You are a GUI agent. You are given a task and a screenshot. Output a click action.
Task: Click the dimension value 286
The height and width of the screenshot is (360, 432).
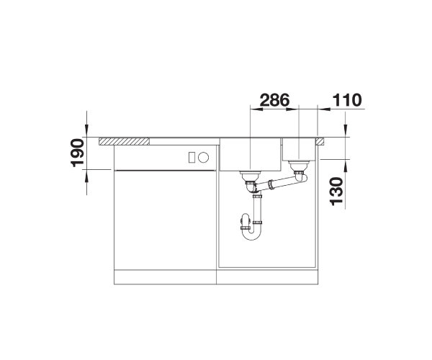click(275, 100)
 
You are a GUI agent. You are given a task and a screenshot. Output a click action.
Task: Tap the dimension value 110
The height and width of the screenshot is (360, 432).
click(347, 100)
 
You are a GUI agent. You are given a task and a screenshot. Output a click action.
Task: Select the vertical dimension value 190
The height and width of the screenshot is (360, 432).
click(78, 153)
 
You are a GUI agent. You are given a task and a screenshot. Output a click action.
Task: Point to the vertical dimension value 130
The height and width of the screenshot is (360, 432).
click(336, 192)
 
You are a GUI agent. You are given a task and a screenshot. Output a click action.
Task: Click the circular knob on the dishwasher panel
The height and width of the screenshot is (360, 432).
click(204, 158)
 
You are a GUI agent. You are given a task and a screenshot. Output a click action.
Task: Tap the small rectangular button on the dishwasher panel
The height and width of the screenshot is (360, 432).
click(192, 158)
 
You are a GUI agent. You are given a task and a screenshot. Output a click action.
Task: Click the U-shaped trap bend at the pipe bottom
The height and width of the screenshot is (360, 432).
click(251, 234)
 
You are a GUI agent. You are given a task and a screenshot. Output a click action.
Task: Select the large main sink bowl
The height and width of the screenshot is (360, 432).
click(250, 154)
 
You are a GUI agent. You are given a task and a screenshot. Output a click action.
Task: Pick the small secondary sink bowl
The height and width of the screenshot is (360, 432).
click(299, 149)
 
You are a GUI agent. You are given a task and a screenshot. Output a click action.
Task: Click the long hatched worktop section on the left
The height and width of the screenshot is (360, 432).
click(125, 141)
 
